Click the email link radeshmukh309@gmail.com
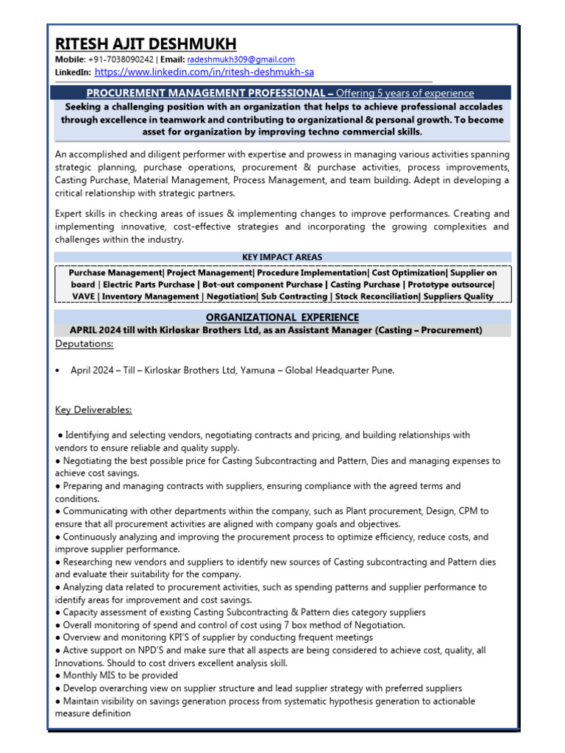(241, 60)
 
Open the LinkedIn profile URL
(205, 72)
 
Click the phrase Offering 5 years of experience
(405, 93)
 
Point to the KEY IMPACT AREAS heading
(282, 257)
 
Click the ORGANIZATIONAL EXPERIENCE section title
(282, 317)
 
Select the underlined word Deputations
(84, 343)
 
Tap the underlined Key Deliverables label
(93, 410)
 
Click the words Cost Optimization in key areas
(407, 271)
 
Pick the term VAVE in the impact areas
(84, 296)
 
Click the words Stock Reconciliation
(375, 296)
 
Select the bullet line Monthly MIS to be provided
(120, 675)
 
